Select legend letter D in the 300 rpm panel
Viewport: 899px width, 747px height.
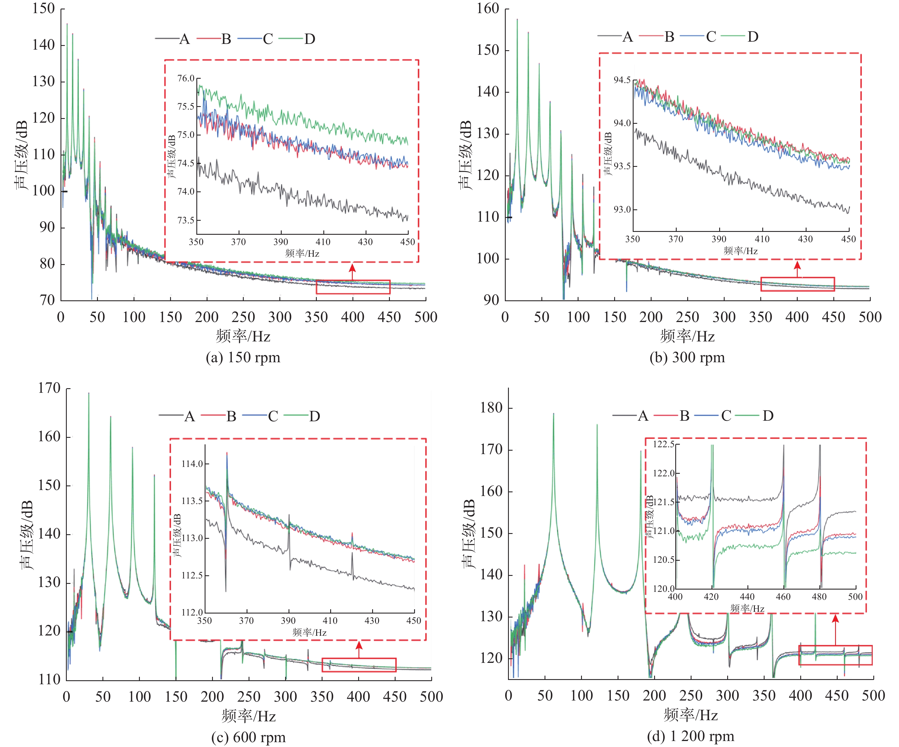[753, 37]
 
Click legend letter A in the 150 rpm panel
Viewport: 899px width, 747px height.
[184, 39]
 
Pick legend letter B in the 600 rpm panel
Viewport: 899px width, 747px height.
[231, 416]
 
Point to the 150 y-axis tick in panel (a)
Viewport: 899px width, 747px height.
[44, 9]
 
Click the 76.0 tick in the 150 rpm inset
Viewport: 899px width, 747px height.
[186, 78]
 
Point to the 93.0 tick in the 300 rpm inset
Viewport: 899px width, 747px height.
[622, 210]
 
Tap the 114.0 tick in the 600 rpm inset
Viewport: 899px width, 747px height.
[192, 464]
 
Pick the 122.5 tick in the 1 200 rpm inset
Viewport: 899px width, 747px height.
[663, 444]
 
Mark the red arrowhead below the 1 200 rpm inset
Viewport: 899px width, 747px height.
[835, 619]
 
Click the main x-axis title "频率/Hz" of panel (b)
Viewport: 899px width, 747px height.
[687, 336]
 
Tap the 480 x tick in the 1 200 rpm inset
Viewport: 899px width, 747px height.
[819, 597]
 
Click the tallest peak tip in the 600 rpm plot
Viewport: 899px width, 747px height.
[88, 393]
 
